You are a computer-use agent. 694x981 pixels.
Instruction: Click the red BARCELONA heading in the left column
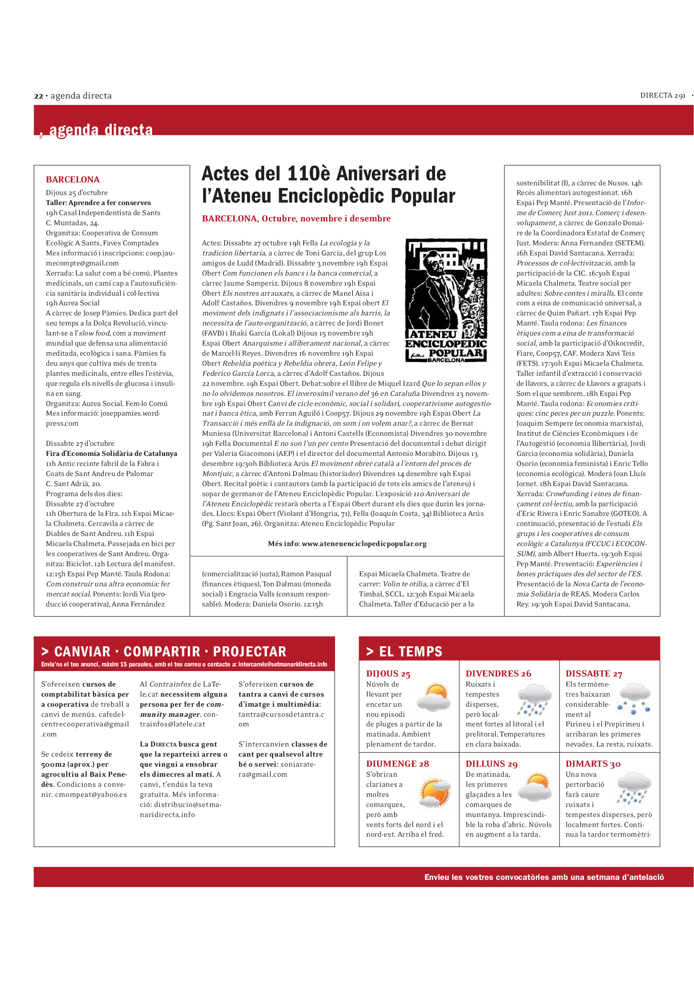(73, 180)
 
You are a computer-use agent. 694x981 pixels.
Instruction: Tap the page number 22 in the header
(39, 96)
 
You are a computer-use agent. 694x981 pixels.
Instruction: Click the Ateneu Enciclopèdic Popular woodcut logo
(446, 300)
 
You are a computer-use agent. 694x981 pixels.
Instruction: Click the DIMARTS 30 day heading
(593, 764)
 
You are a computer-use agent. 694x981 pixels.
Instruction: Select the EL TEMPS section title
(411, 652)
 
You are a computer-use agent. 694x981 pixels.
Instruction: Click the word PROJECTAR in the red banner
(250, 652)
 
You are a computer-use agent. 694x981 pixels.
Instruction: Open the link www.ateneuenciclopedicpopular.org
(364, 544)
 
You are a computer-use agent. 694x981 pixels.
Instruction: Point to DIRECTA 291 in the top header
(663, 96)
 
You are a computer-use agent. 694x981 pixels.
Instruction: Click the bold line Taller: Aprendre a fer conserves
(98, 203)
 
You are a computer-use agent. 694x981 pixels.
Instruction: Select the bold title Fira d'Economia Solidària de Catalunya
(111, 453)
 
